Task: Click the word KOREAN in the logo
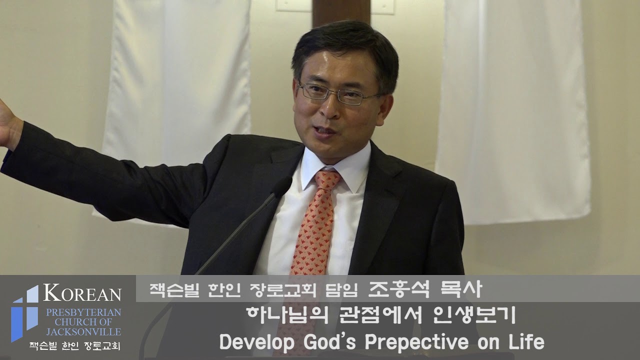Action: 82,293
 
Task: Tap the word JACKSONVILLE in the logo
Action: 83,331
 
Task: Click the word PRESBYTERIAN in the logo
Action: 83,312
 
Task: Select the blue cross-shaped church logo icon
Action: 25,312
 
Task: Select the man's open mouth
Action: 325,131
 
